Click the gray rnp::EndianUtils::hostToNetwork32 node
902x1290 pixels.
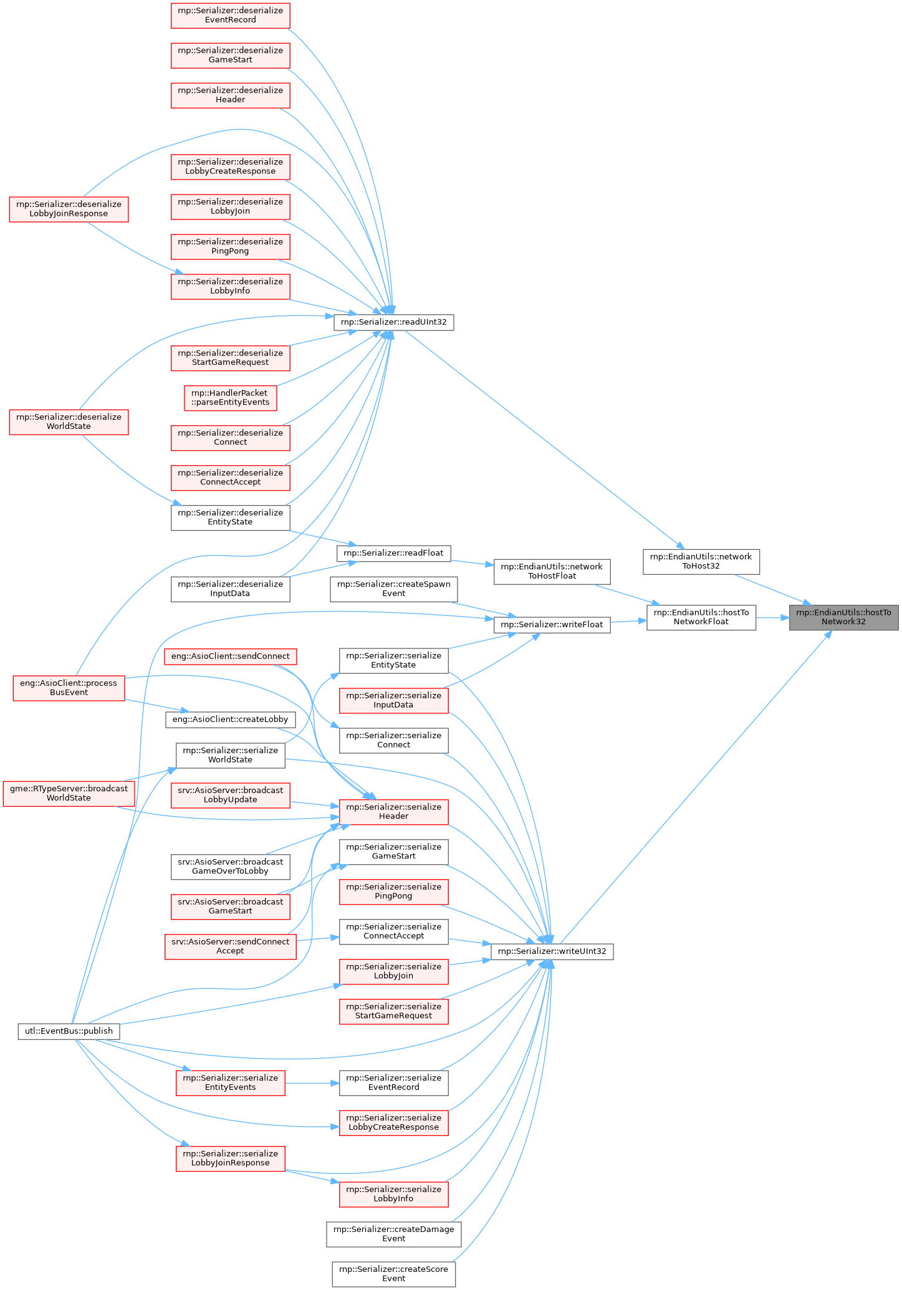tap(843, 617)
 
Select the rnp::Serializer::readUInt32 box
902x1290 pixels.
tap(393, 322)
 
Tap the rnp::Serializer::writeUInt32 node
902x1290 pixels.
tap(552, 951)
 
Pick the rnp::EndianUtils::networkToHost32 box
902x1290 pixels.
tap(701, 561)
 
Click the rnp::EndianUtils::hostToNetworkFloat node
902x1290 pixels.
tap(701, 617)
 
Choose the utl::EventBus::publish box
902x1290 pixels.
tap(69, 1031)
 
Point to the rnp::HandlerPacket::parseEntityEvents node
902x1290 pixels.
tap(230, 398)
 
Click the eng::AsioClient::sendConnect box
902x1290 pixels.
tap(230, 657)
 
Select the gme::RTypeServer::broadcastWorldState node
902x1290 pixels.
tap(69, 793)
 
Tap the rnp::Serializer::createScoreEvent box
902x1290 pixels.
tap(393, 1274)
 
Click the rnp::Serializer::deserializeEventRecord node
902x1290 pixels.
tap(230, 15)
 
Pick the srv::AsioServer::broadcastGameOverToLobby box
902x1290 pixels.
tap(230, 866)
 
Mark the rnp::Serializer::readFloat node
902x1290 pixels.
tap(393, 553)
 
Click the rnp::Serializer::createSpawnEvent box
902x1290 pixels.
tap(393, 589)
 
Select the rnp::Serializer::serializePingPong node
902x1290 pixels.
tap(393, 892)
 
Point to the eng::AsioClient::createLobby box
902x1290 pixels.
tap(230, 720)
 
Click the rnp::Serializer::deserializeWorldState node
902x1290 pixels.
tap(69, 421)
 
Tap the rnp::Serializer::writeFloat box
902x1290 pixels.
tap(552, 624)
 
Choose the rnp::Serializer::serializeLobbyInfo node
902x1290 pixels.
tap(393, 1194)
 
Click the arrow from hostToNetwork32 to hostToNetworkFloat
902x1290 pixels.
tap(772, 618)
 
